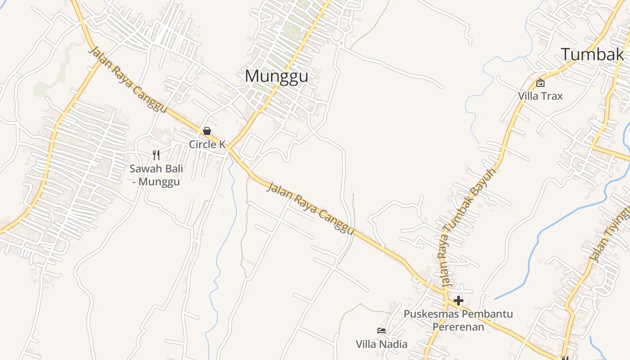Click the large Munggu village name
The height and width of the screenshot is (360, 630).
[x=276, y=76]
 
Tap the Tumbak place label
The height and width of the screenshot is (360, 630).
[x=592, y=54]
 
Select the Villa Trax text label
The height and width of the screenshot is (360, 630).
[x=540, y=96]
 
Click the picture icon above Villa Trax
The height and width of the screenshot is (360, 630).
[x=540, y=83]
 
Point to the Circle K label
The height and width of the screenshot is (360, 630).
[x=207, y=144]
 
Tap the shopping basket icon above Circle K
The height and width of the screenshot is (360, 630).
[x=207, y=131]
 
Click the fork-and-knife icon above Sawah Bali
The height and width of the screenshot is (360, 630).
[x=156, y=155]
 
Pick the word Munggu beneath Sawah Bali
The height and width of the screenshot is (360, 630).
[x=159, y=182]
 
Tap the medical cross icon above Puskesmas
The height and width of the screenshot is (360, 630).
[x=458, y=300]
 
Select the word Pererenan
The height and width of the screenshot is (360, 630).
[x=458, y=326]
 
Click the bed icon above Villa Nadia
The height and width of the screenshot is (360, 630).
[x=382, y=331]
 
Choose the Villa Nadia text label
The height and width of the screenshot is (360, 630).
[x=382, y=344]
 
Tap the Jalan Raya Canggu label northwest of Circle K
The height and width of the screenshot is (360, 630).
[x=128, y=80]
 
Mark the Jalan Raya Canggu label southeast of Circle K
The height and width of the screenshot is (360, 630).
[x=310, y=208]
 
